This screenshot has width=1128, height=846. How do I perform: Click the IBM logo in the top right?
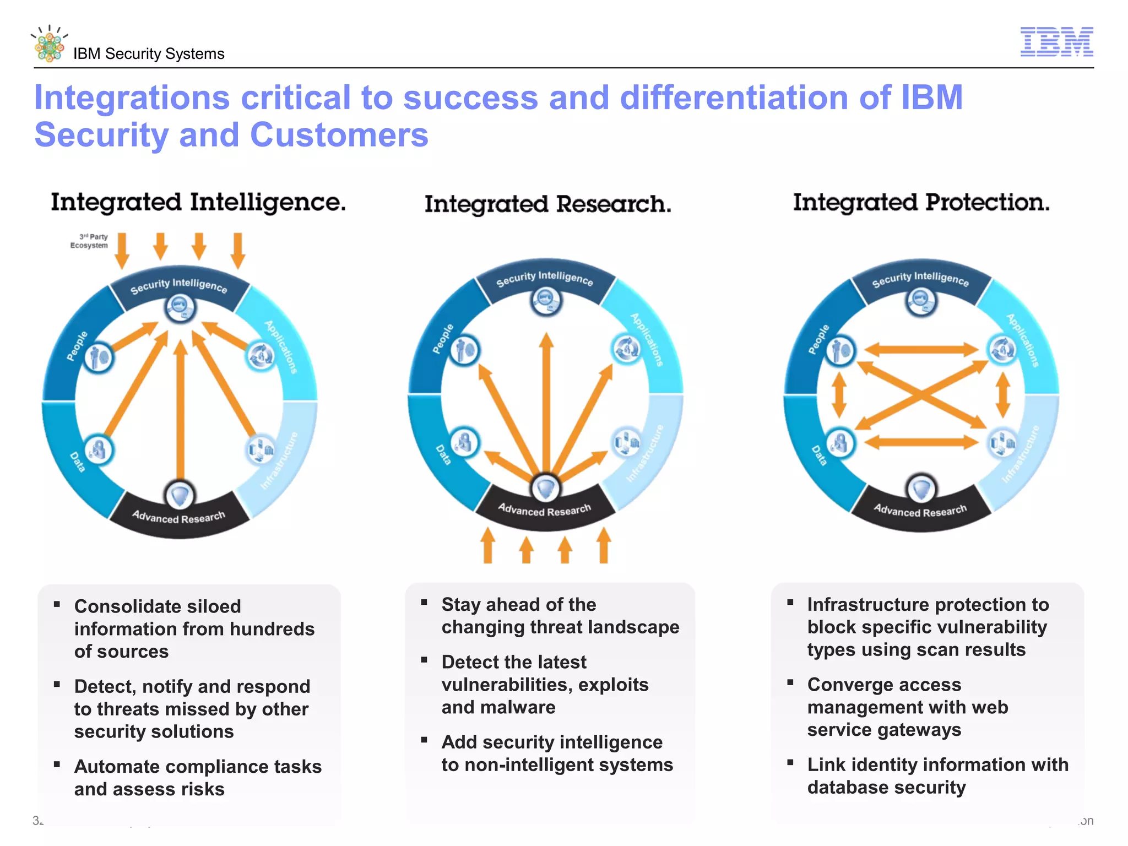(x=1056, y=42)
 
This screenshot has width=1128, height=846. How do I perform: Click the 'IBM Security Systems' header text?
(x=149, y=54)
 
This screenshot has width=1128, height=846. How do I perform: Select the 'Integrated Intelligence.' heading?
(x=198, y=203)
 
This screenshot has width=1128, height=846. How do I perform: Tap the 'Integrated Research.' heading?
(x=547, y=204)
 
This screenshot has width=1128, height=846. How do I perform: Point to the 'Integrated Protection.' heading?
(x=921, y=203)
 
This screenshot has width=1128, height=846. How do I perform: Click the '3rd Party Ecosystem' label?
(x=89, y=241)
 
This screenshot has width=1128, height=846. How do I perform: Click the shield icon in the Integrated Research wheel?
(x=545, y=487)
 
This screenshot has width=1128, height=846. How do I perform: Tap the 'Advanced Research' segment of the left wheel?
(x=178, y=517)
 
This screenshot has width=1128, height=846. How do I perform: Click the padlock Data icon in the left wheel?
(x=99, y=449)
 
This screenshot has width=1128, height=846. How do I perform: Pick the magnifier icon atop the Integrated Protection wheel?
(x=920, y=301)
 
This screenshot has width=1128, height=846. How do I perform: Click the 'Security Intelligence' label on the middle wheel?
(x=544, y=279)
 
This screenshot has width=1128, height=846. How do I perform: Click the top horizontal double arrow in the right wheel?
(x=920, y=349)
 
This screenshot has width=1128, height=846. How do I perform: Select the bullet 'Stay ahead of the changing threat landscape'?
(x=560, y=616)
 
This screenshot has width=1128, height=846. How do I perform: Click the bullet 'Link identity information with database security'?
(x=937, y=775)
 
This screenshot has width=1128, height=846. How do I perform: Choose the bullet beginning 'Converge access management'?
(x=907, y=707)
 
